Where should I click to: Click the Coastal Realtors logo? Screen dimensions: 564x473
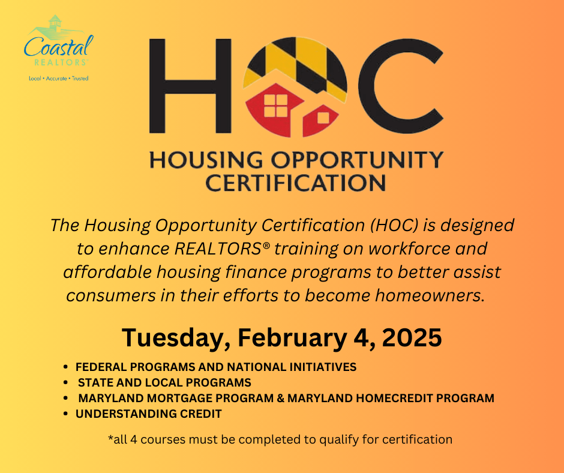tap(59, 48)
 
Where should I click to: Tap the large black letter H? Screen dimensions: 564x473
tap(190, 86)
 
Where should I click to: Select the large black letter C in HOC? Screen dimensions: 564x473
tap(400, 86)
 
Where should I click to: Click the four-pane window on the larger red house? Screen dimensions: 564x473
tap(276, 106)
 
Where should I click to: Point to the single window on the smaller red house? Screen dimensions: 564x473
tap(323, 118)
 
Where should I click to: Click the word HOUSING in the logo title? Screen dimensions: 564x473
tap(206, 160)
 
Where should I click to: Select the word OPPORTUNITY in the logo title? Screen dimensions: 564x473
tap(357, 160)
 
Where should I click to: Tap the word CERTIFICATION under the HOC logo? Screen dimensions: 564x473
tap(295, 183)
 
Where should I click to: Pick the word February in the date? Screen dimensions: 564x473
tap(292, 338)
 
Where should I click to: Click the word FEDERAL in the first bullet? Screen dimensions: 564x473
tap(101, 367)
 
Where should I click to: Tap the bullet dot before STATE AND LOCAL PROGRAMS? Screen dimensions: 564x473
tap(65, 382)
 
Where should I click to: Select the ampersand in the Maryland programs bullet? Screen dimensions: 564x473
tap(281, 398)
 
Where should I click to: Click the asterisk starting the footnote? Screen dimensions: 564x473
tap(110, 438)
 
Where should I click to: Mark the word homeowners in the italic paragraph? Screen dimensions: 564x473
tap(430, 295)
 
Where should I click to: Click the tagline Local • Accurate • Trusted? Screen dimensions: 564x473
tap(59, 79)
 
